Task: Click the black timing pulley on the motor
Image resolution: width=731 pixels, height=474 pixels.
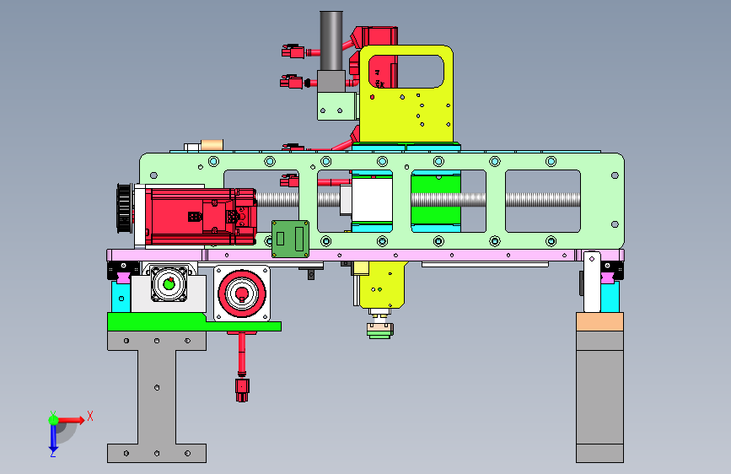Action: pyautogui.click(x=124, y=207)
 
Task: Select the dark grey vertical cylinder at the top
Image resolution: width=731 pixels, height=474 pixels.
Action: pyautogui.click(x=331, y=41)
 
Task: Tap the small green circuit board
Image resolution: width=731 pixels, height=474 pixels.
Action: pyautogui.click(x=290, y=239)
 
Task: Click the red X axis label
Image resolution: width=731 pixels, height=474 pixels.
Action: pyautogui.click(x=90, y=416)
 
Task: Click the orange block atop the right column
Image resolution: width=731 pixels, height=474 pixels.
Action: pyautogui.click(x=599, y=322)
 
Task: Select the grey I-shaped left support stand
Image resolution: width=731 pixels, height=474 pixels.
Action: pyautogui.click(x=157, y=396)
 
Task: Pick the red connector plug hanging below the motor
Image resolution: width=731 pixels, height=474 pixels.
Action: pyautogui.click(x=242, y=390)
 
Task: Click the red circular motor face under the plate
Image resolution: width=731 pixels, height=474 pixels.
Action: pyautogui.click(x=242, y=294)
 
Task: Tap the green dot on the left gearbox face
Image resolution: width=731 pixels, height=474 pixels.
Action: pyautogui.click(x=169, y=283)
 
